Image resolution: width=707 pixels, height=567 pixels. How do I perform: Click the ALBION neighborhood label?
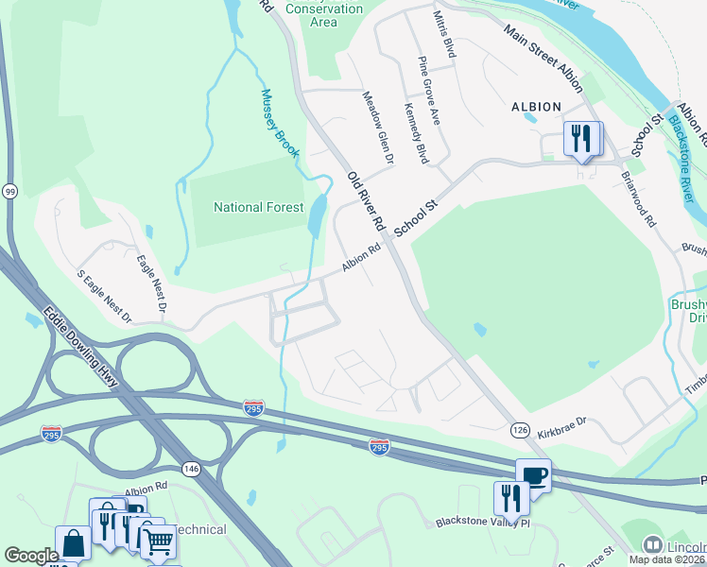click(536, 107)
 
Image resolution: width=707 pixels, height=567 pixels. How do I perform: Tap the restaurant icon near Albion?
click(579, 138)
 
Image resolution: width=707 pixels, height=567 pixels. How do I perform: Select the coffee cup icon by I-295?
click(533, 474)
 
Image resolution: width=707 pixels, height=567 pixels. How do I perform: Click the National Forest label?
click(259, 207)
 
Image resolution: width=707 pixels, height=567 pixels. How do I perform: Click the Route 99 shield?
click(9, 191)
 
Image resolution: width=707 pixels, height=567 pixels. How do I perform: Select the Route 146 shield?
click(192, 467)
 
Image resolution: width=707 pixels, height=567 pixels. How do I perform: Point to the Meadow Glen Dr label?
click(378, 128)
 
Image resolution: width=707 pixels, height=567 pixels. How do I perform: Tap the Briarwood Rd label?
click(639, 198)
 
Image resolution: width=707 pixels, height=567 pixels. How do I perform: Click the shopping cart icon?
click(158, 541)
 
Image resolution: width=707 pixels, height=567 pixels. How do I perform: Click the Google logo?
click(31, 556)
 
